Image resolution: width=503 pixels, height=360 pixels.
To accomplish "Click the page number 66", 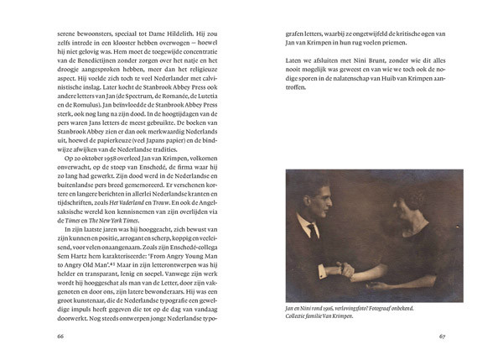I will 59,337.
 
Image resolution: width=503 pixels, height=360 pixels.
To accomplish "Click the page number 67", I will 443,337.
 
